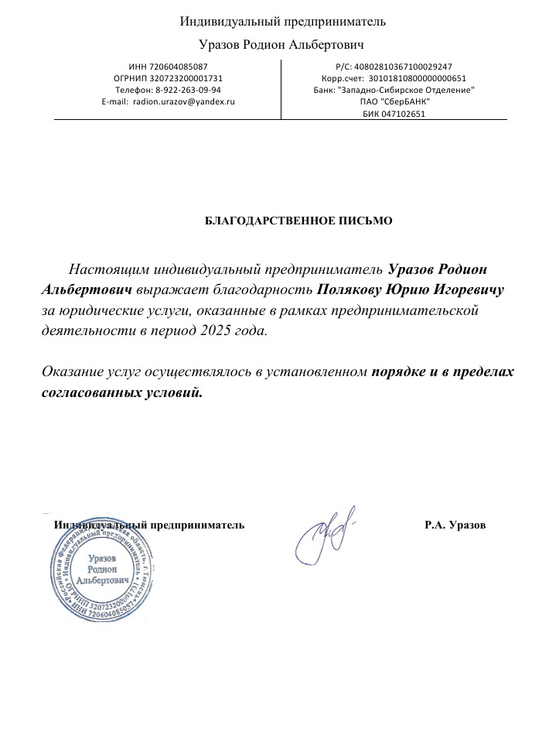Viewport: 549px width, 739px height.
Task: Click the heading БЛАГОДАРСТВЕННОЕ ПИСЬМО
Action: coord(298,221)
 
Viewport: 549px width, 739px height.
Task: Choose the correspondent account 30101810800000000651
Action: coord(417,78)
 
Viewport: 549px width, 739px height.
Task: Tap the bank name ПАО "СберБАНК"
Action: coord(394,101)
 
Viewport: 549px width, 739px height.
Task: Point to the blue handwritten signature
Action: coord(325,535)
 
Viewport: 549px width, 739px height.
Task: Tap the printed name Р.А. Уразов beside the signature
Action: coord(455,525)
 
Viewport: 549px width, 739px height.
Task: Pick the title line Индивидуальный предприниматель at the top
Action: coord(283,22)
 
